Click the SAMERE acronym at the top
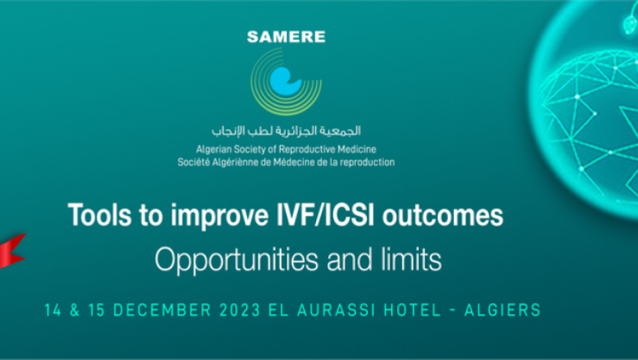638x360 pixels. coord(286,37)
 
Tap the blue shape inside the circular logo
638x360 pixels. coord(285,81)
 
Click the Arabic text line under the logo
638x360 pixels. coord(286,131)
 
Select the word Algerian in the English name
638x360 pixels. coord(211,150)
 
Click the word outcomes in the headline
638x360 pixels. coord(443,215)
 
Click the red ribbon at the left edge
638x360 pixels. coord(12,251)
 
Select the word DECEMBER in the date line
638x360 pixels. coord(162,310)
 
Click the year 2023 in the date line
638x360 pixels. coord(239,310)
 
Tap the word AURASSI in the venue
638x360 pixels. coord(336,310)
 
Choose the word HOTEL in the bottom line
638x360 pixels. coord(413,310)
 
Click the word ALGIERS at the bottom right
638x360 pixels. coord(502,310)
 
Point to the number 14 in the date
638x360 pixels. coord(53,310)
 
